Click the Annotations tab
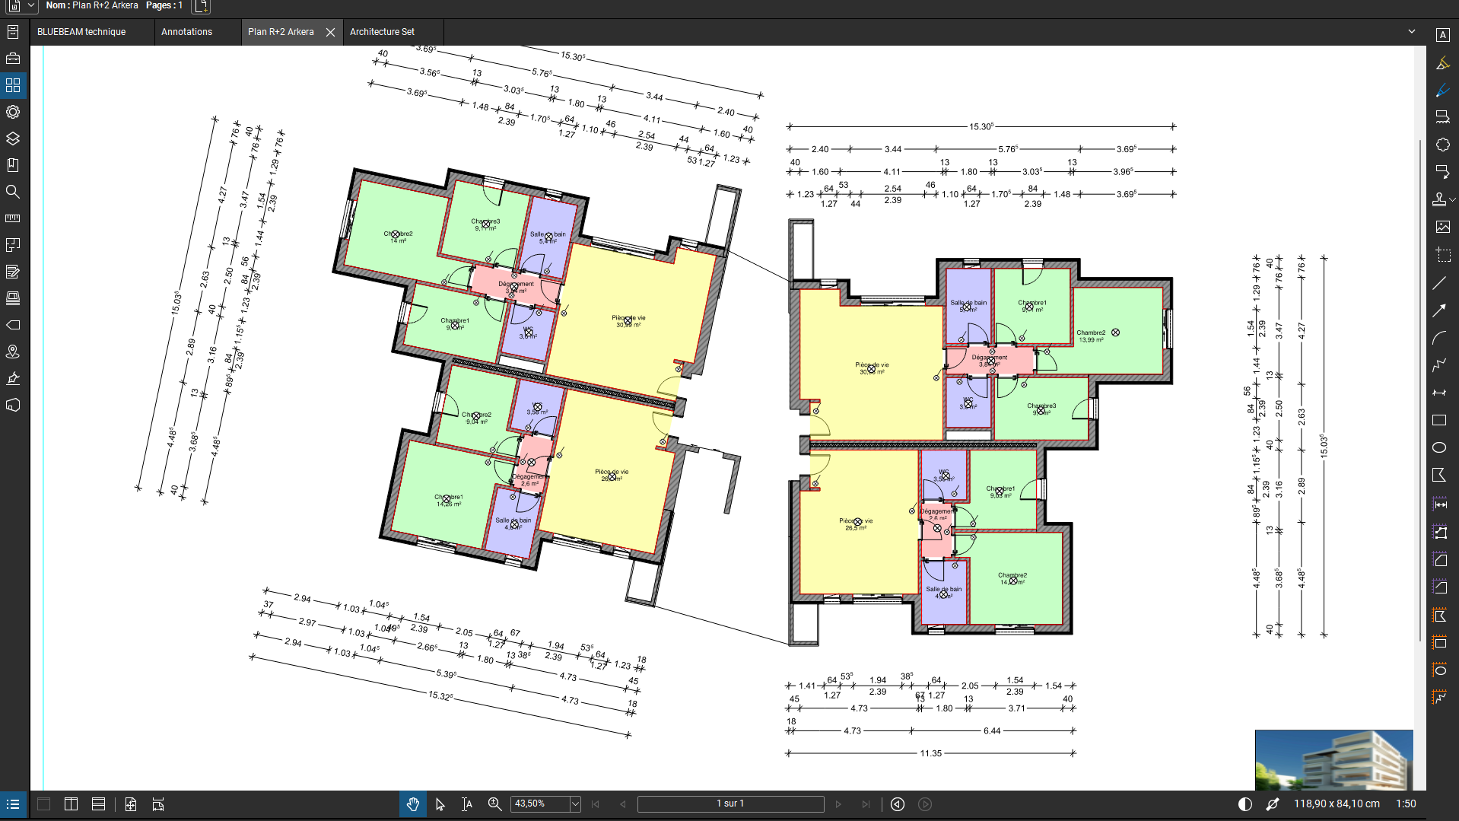186,32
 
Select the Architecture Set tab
382,32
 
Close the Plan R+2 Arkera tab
330,32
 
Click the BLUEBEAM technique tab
81,32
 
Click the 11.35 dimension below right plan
930,753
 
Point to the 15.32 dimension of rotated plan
440,695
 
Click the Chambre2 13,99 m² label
1091,336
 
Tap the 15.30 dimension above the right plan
981,126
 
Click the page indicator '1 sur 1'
730,803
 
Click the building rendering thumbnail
1333,759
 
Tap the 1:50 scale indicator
1406,803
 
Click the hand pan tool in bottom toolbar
413,804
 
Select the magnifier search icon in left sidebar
13,192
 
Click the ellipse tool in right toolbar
1439,447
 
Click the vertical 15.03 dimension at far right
1324,446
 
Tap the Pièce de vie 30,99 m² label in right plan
872,368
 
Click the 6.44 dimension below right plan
992,730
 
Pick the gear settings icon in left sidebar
13,112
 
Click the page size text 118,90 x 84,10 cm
1337,803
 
